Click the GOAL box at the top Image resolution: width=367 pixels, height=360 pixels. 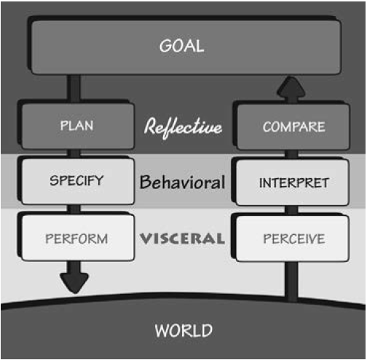[186, 47]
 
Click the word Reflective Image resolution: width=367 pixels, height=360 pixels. [183, 127]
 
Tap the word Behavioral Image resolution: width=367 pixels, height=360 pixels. [183, 182]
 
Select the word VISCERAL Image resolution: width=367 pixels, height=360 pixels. [183, 238]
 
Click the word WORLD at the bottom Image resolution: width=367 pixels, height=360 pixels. [183, 330]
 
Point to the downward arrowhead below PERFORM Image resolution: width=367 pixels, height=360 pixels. [74, 281]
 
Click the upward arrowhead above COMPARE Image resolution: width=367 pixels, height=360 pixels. [291, 88]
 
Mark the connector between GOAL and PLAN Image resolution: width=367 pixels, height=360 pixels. [74, 89]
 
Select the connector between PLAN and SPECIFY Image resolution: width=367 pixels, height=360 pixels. [74, 154]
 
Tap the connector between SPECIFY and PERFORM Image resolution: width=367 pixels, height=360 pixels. [74, 209]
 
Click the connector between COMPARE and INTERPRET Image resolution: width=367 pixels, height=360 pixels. [291, 155]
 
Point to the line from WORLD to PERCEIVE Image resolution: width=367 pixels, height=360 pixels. [291, 281]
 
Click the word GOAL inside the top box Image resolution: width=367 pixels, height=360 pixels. [181, 46]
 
